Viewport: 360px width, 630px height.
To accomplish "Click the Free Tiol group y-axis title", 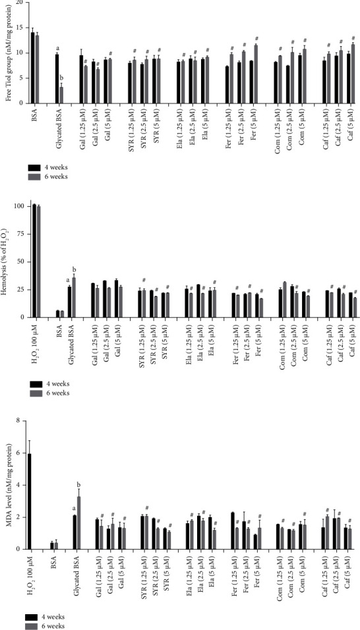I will [x=7, y=53].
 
